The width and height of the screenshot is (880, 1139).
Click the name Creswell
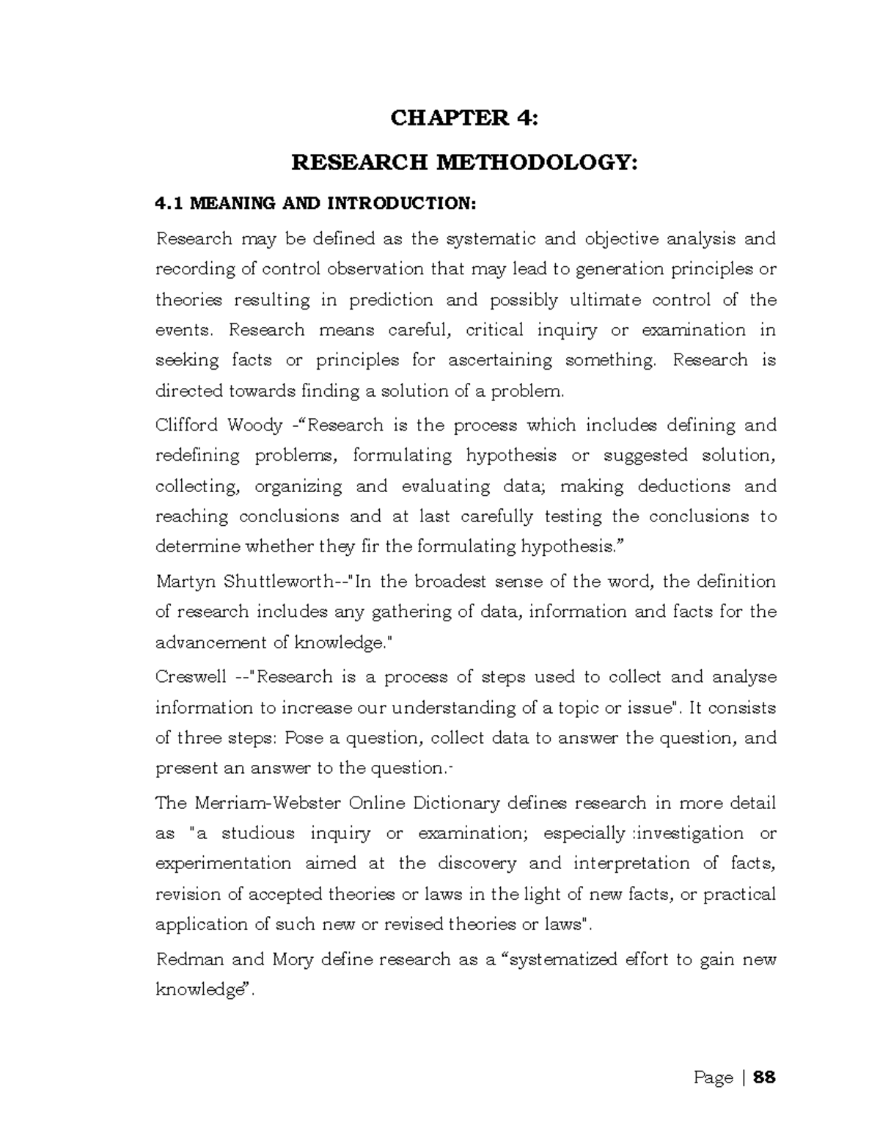point(191,677)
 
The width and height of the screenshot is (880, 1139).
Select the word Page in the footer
point(713,1077)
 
